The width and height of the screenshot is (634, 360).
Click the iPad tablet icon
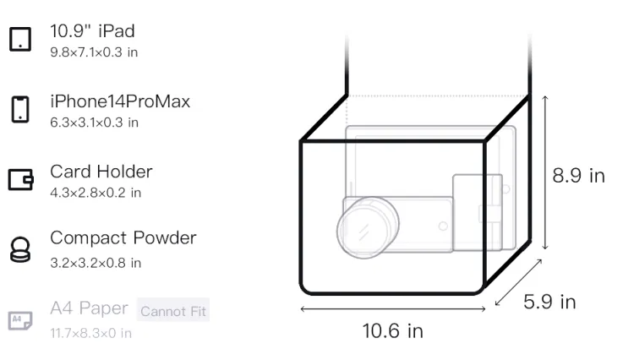pos(20,39)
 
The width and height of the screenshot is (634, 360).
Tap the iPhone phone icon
pos(20,109)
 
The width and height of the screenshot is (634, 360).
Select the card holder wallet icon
pos(20,179)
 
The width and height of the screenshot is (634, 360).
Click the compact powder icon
pos(20,249)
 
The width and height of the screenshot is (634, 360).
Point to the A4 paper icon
pos(20,320)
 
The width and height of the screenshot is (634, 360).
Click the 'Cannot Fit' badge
pos(173,310)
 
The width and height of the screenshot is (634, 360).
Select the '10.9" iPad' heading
pos(92,31)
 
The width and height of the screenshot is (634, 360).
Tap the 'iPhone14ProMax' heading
pos(120,101)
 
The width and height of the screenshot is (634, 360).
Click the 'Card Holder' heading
pos(101,172)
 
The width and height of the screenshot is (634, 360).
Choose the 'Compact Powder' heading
pos(123,238)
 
